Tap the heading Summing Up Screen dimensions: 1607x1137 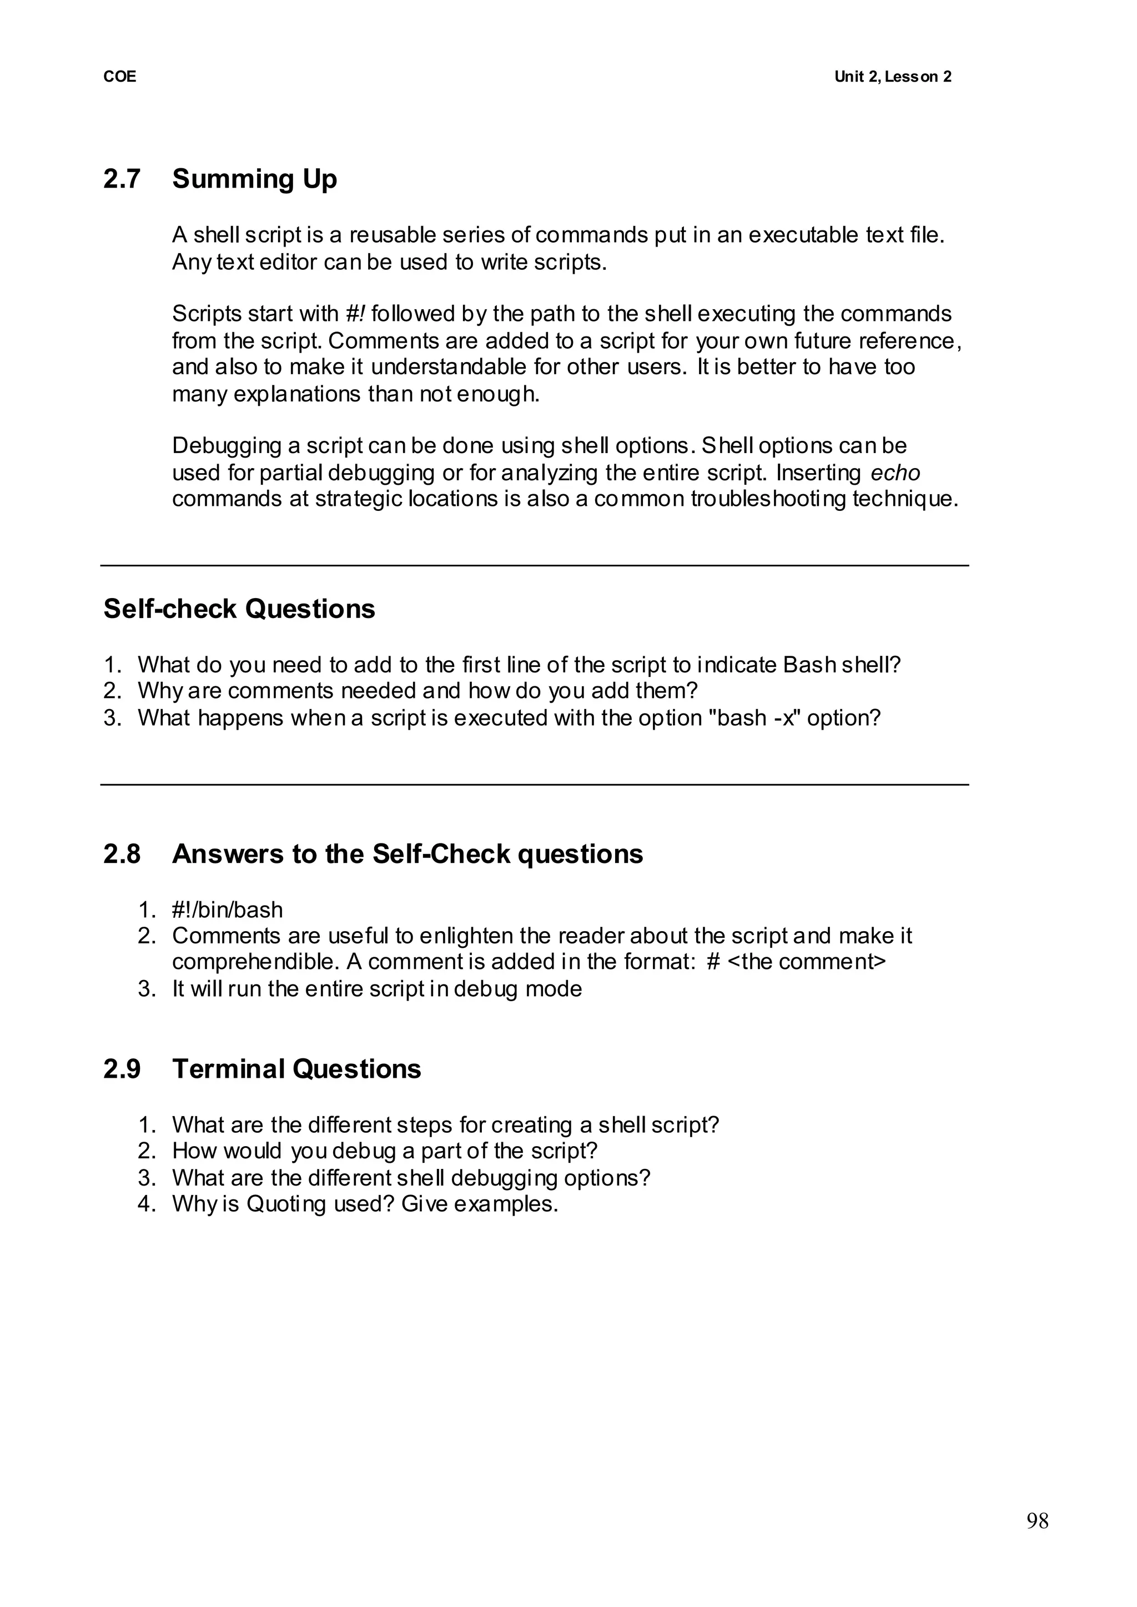[254, 179]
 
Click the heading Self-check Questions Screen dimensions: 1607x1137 [239, 609]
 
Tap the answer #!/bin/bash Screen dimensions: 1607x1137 [228, 910]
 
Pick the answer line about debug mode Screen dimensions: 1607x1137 [376, 989]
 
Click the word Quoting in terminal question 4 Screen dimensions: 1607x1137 [286, 1204]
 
